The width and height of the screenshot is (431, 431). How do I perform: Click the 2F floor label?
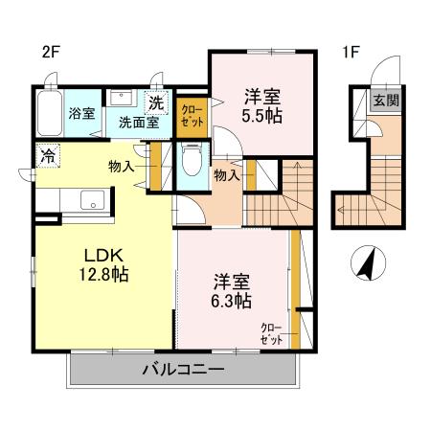[x=50, y=53]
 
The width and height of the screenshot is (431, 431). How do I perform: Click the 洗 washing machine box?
[x=156, y=102]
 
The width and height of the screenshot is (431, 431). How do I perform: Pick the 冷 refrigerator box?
[x=46, y=154]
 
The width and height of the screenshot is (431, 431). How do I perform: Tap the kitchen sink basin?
[x=93, y=199]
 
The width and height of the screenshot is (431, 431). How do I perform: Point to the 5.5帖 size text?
[x=261, y=116]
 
